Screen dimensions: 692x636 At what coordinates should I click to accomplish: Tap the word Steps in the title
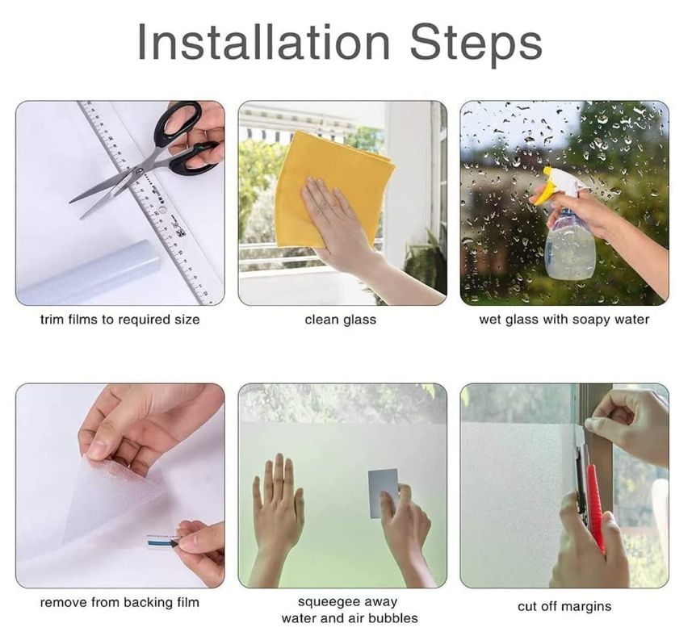click(476, 45)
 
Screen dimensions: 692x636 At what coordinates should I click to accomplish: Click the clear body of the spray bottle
click(569, 245)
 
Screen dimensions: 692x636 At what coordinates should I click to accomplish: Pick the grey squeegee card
click(383, 493)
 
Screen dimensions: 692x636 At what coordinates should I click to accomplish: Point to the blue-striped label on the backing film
click(162, 542)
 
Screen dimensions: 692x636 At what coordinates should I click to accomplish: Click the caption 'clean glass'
click(340, 320)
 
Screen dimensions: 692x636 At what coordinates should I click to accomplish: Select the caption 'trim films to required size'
click(120, 320)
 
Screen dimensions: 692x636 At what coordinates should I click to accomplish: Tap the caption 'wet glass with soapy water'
click(564, 320)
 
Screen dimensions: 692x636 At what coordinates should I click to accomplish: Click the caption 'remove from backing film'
click(120, 602)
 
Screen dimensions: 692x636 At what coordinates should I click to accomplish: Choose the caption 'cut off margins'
click(564, 606)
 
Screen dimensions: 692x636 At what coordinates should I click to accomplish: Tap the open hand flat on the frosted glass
click(277, 507)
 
